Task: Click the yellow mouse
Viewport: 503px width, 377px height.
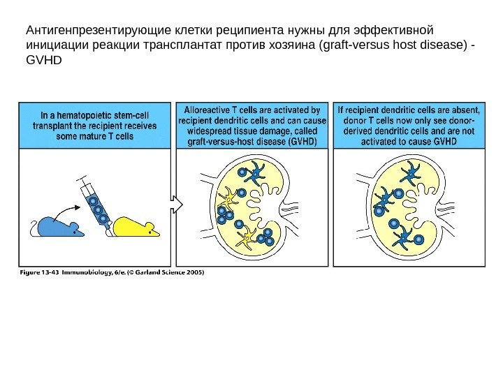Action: point(136,227)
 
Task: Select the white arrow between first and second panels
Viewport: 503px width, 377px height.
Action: point(176,205)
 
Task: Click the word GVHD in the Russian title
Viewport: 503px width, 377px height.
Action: point(43,60)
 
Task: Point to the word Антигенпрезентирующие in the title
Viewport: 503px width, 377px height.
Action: point(99,31)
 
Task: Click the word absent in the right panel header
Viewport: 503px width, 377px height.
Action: point(466,110)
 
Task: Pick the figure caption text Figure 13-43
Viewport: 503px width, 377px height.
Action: point(39,272)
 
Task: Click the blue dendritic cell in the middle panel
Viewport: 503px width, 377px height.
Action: point(256,173)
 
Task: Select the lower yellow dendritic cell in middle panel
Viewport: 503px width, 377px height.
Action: point(247,237)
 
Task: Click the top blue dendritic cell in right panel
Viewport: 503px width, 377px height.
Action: point(411,173)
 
